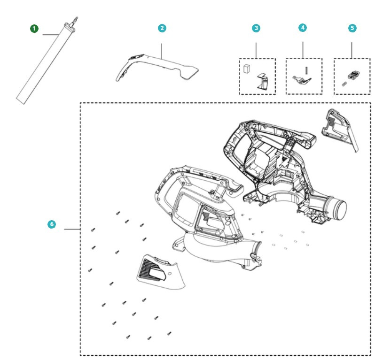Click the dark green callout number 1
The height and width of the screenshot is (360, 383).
coord(34,29)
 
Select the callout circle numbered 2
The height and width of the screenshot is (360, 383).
coord(162,28)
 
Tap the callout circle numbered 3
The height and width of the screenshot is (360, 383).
coord(256,28)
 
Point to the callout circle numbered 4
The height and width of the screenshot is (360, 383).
coord(303,28)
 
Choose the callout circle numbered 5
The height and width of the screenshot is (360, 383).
coord(352,28)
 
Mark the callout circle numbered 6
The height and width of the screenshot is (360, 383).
coord(52,224)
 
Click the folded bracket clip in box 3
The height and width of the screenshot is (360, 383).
coord(263,82)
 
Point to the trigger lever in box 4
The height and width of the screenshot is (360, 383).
coord(299,80)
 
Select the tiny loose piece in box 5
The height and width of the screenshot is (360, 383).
coord(344,84)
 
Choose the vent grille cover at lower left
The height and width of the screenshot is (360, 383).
coord(160,272)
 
